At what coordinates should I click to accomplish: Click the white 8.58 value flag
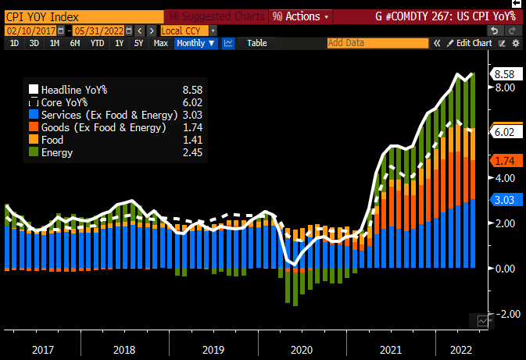point(503,74)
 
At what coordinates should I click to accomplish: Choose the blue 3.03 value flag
point(503,201)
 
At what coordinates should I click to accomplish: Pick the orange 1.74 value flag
point(503,161)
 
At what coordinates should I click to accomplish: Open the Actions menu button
point(300,16)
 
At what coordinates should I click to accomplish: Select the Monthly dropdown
point(195,43)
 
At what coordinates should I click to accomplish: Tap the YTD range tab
point(97,43)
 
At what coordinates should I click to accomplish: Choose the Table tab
point(256,43)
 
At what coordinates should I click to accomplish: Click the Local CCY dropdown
point(188,30)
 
